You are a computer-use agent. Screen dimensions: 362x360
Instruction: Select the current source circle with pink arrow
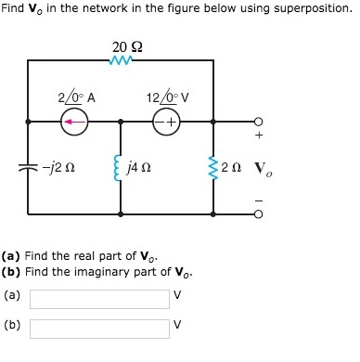(75, 122)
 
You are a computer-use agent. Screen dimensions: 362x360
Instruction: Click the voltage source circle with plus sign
(168, 122)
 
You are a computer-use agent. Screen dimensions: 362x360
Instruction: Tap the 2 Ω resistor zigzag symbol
(214, 167)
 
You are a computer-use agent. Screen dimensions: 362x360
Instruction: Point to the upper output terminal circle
(259, 121)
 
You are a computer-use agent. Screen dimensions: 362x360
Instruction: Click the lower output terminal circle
(259, 213)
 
